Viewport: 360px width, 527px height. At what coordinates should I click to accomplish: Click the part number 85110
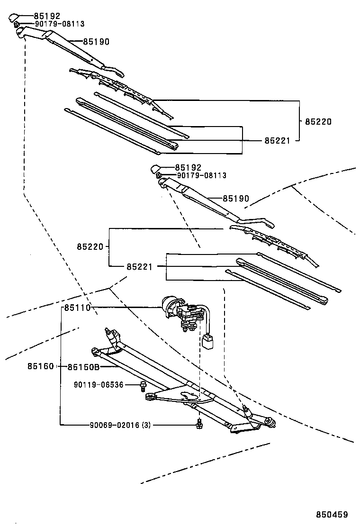pyautogui.click(x=77, y=308)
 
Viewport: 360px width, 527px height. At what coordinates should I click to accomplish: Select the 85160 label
pyautogui.click(x=40, y=367)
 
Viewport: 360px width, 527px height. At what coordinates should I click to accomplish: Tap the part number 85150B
pyautogui.click(x=83, y=367)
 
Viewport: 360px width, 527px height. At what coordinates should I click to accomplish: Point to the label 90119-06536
pyautogui.click(x=99, y=385)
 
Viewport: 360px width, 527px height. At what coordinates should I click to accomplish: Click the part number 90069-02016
pyautogui.click(x=114, y=425)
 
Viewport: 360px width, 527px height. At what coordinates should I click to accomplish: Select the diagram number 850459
pyautogui.click(x=332, y=514)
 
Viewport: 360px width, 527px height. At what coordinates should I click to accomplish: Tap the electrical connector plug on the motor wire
pyautogui.click(x=207, y=341)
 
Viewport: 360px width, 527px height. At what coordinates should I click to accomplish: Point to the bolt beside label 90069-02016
pyautogui.click(x=200, y=425)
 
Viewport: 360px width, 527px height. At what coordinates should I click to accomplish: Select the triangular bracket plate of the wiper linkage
pyautogui.click(x=180, y=394)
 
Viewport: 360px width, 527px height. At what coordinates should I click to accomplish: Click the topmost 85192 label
pyautogui.click(x=47, y=16)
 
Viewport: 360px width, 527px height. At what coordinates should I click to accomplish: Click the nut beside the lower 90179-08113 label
pyautogui.click(x=160, y=176)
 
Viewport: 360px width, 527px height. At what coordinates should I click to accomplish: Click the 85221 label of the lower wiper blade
pyautogui.click(x=139, y=266)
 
